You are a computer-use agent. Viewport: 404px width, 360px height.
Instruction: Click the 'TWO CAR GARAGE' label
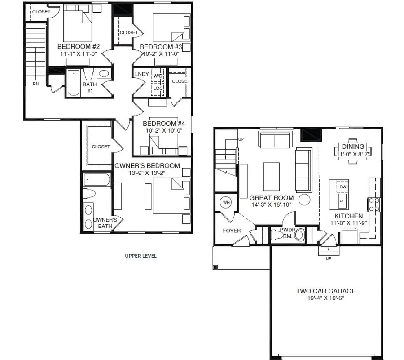[x=325, y=291]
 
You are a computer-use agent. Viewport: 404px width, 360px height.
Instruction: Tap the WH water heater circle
[x=226, y=203]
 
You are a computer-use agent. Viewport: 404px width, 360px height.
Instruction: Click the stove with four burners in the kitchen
[x=374, y=204]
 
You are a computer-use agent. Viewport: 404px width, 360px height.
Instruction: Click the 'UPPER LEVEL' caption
[x=141, y=256]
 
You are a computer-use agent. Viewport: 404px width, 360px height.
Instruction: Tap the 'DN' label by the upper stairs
[x=35, y=84]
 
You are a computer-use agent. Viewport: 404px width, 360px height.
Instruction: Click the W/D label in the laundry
[x=158, y=76]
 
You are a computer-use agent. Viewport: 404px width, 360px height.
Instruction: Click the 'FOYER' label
[x=232, y=231]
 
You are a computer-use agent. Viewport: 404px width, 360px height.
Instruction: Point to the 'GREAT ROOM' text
[x=272, y=197]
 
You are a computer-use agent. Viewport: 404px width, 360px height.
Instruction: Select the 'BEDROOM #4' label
[x=161, y=124]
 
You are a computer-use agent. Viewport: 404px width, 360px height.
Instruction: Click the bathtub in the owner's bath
[x=97, y=180]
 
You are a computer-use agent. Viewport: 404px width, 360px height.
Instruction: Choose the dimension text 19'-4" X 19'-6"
[x=325, y=298]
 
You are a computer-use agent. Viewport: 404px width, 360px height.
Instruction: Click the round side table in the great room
[x=305, y=199]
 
